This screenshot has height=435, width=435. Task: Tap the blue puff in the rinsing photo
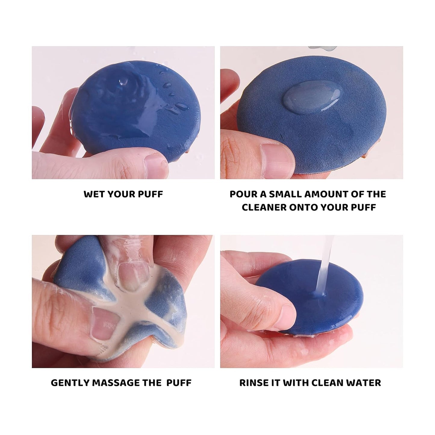point(319,307)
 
